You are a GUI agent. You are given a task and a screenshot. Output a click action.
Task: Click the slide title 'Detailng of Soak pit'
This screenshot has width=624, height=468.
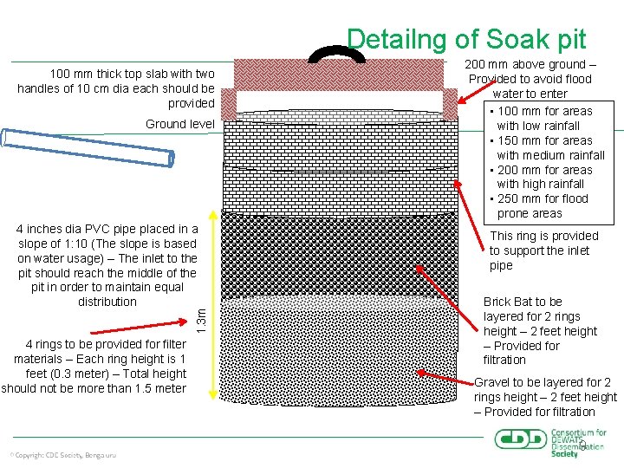coord(466,39)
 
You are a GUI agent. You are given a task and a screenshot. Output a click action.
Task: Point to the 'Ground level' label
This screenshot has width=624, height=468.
coord(180,124)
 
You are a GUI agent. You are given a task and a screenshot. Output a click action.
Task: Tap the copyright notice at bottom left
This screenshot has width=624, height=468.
coord(62,455)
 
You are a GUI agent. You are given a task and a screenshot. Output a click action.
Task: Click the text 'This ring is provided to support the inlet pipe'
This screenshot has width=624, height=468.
coord(543,250)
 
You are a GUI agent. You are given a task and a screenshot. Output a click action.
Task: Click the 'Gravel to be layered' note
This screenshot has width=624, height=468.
coord(545,397)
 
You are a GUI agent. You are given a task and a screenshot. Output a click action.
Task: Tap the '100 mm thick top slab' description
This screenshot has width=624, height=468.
coord(116,88)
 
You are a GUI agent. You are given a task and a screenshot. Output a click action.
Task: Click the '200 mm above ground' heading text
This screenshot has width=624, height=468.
coord(530,79)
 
